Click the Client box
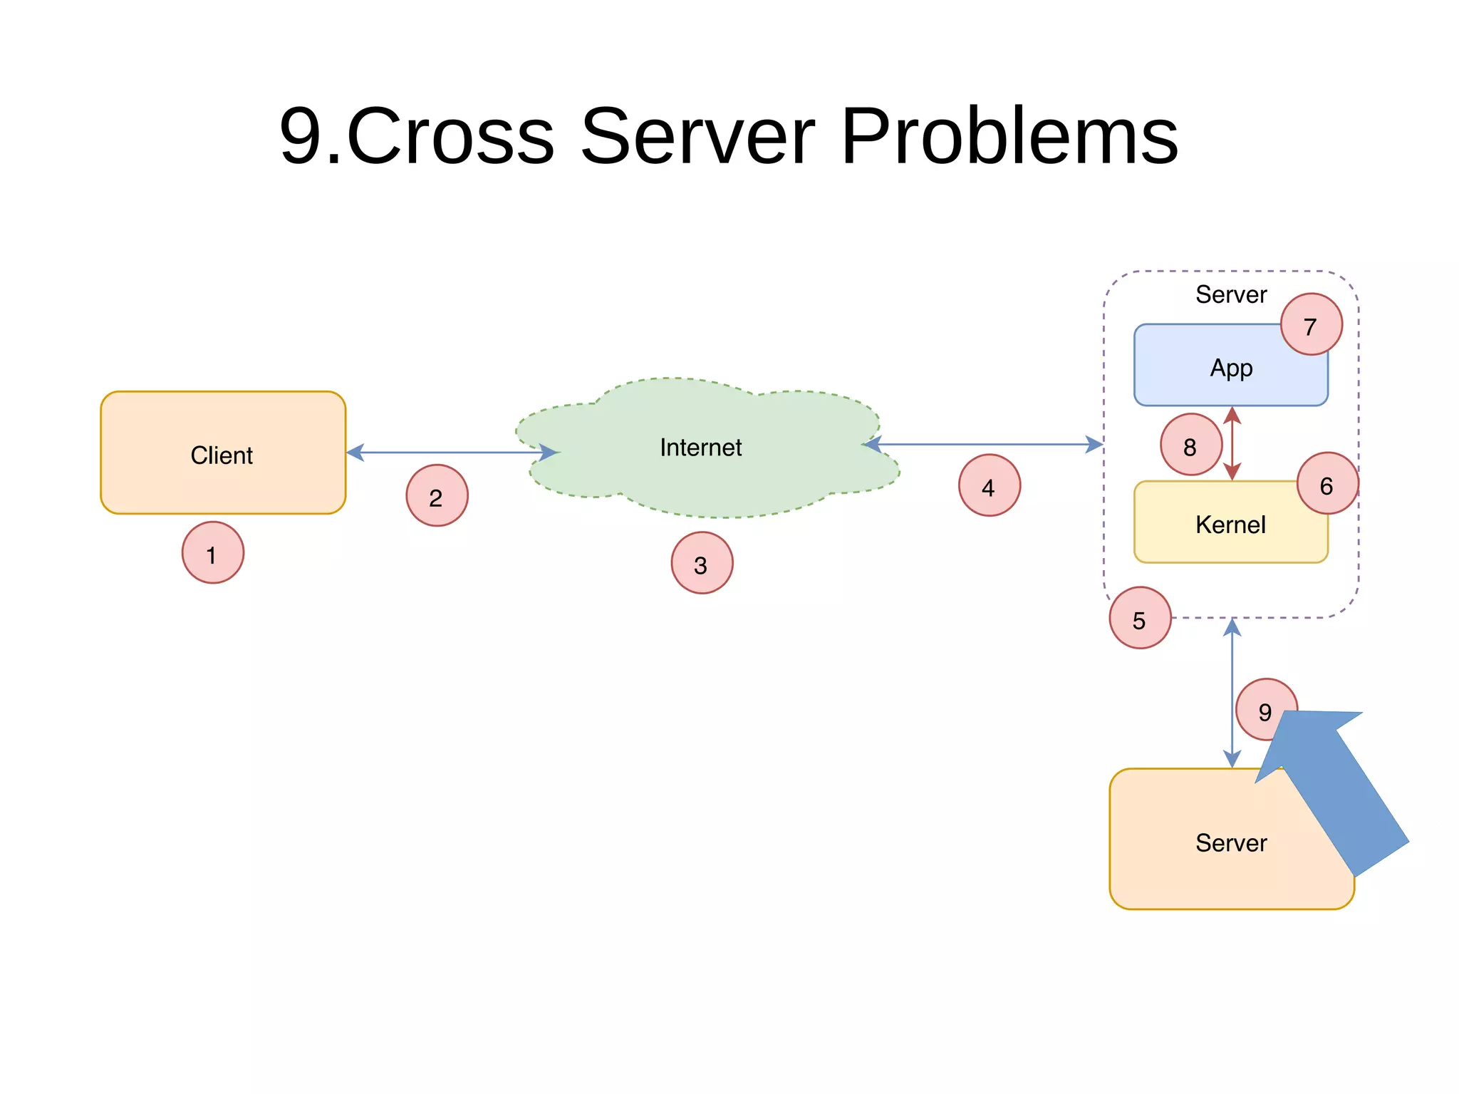point(222,453)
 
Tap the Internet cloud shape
point(702,448)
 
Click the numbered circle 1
point(212,553)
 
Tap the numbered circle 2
point(437,496)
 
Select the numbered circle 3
point(702,563)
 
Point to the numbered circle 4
point(989,485)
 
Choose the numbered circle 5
point(1139,618)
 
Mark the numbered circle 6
point(1327,484)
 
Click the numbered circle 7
point(1311,325)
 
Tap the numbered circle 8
point(1190,445)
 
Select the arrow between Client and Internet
point(452,453)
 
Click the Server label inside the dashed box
point(1230,294)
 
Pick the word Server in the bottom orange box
point(1230,843)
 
